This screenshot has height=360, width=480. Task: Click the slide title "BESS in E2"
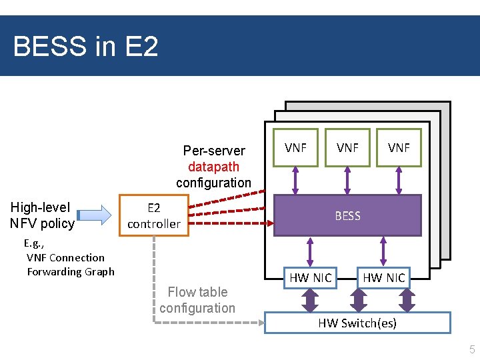[85, 47]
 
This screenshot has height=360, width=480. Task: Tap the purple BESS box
[347, 215]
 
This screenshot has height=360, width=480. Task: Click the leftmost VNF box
[295, 147]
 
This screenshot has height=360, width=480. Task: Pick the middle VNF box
[347, 147]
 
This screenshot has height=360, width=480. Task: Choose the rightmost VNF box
[399, 147]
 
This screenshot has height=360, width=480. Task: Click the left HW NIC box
[310, 277]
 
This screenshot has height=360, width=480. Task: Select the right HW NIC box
[383, 277]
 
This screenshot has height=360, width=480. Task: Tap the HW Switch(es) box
[357, 323]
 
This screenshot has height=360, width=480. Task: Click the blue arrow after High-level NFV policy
[95, 215]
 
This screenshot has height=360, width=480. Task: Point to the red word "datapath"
[213, 167]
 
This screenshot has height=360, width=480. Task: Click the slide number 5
[472, 349]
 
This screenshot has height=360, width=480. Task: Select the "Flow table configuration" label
[197, 300]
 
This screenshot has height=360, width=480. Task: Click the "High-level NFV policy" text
[43, 215]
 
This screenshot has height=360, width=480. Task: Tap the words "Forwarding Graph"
[71, 271]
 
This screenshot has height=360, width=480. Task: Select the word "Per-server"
[214, 151]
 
